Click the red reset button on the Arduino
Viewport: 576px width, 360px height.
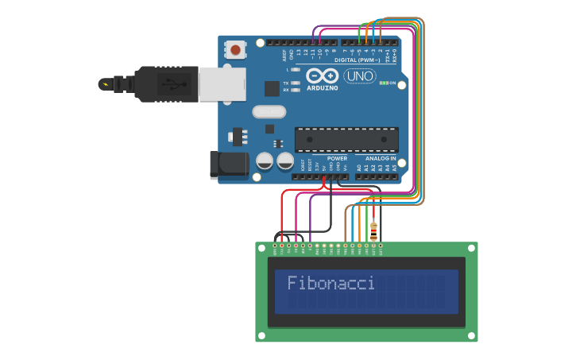[235, 50]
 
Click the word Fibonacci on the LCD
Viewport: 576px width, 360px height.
[331, 283]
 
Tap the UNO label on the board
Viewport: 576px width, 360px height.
[359, 76]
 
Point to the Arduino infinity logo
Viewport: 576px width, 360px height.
[322, 75]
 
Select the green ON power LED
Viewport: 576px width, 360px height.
[383, 83]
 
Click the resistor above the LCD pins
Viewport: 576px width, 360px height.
[373, 230]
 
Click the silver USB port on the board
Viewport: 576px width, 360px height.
[222, 83]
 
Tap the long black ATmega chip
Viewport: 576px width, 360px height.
[346, 139]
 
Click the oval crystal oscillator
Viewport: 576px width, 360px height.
[269, 112]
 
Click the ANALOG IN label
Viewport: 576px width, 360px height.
[381, 158]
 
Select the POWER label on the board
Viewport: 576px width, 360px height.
[337, 158]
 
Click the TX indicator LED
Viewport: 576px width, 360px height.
[296, 83]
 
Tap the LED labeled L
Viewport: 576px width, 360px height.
[296, 70]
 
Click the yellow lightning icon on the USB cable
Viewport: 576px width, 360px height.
[103, 83]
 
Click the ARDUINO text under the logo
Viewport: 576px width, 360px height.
[322, 88]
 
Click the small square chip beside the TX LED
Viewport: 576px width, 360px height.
[272, 88]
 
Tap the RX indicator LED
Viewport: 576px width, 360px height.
[296, 90]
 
